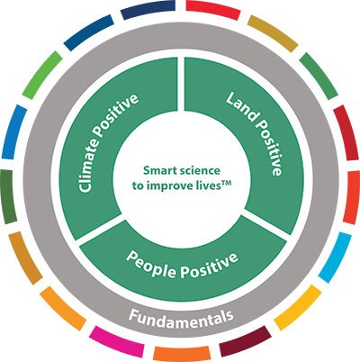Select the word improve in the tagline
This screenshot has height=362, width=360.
(168, 186)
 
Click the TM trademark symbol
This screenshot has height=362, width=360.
(226, 183)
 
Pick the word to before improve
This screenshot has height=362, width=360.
(138, 186)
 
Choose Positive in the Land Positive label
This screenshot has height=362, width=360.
(271, 147)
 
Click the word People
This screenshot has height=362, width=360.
(152, 265)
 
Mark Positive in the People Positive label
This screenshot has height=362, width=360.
(210, 265)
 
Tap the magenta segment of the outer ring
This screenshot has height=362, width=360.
(118, 341)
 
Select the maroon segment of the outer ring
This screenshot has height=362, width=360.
(245, 341)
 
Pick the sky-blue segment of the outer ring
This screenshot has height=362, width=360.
(335, 258)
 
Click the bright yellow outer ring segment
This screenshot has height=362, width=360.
(298, 307)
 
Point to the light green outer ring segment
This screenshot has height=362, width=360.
(42, 75)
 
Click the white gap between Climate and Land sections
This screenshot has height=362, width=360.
(181, 84)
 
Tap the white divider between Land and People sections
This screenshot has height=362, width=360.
(265, 224)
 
